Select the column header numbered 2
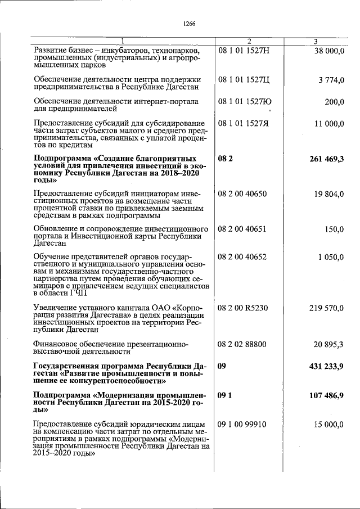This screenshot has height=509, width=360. (250, 41)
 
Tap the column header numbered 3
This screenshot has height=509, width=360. (316, 41)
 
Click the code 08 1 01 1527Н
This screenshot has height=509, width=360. (244, 51)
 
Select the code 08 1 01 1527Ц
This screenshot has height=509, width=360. (244, 80)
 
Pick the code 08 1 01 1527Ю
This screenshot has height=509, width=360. (245, 102)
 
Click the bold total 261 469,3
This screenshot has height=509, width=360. (326, 160)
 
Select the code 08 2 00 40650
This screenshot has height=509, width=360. (242, 194)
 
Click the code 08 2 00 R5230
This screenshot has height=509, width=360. (243, 308)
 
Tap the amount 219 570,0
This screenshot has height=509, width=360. (326, 308)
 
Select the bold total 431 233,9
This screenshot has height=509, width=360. (326, 366)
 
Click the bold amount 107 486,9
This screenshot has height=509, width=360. (326, 396)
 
